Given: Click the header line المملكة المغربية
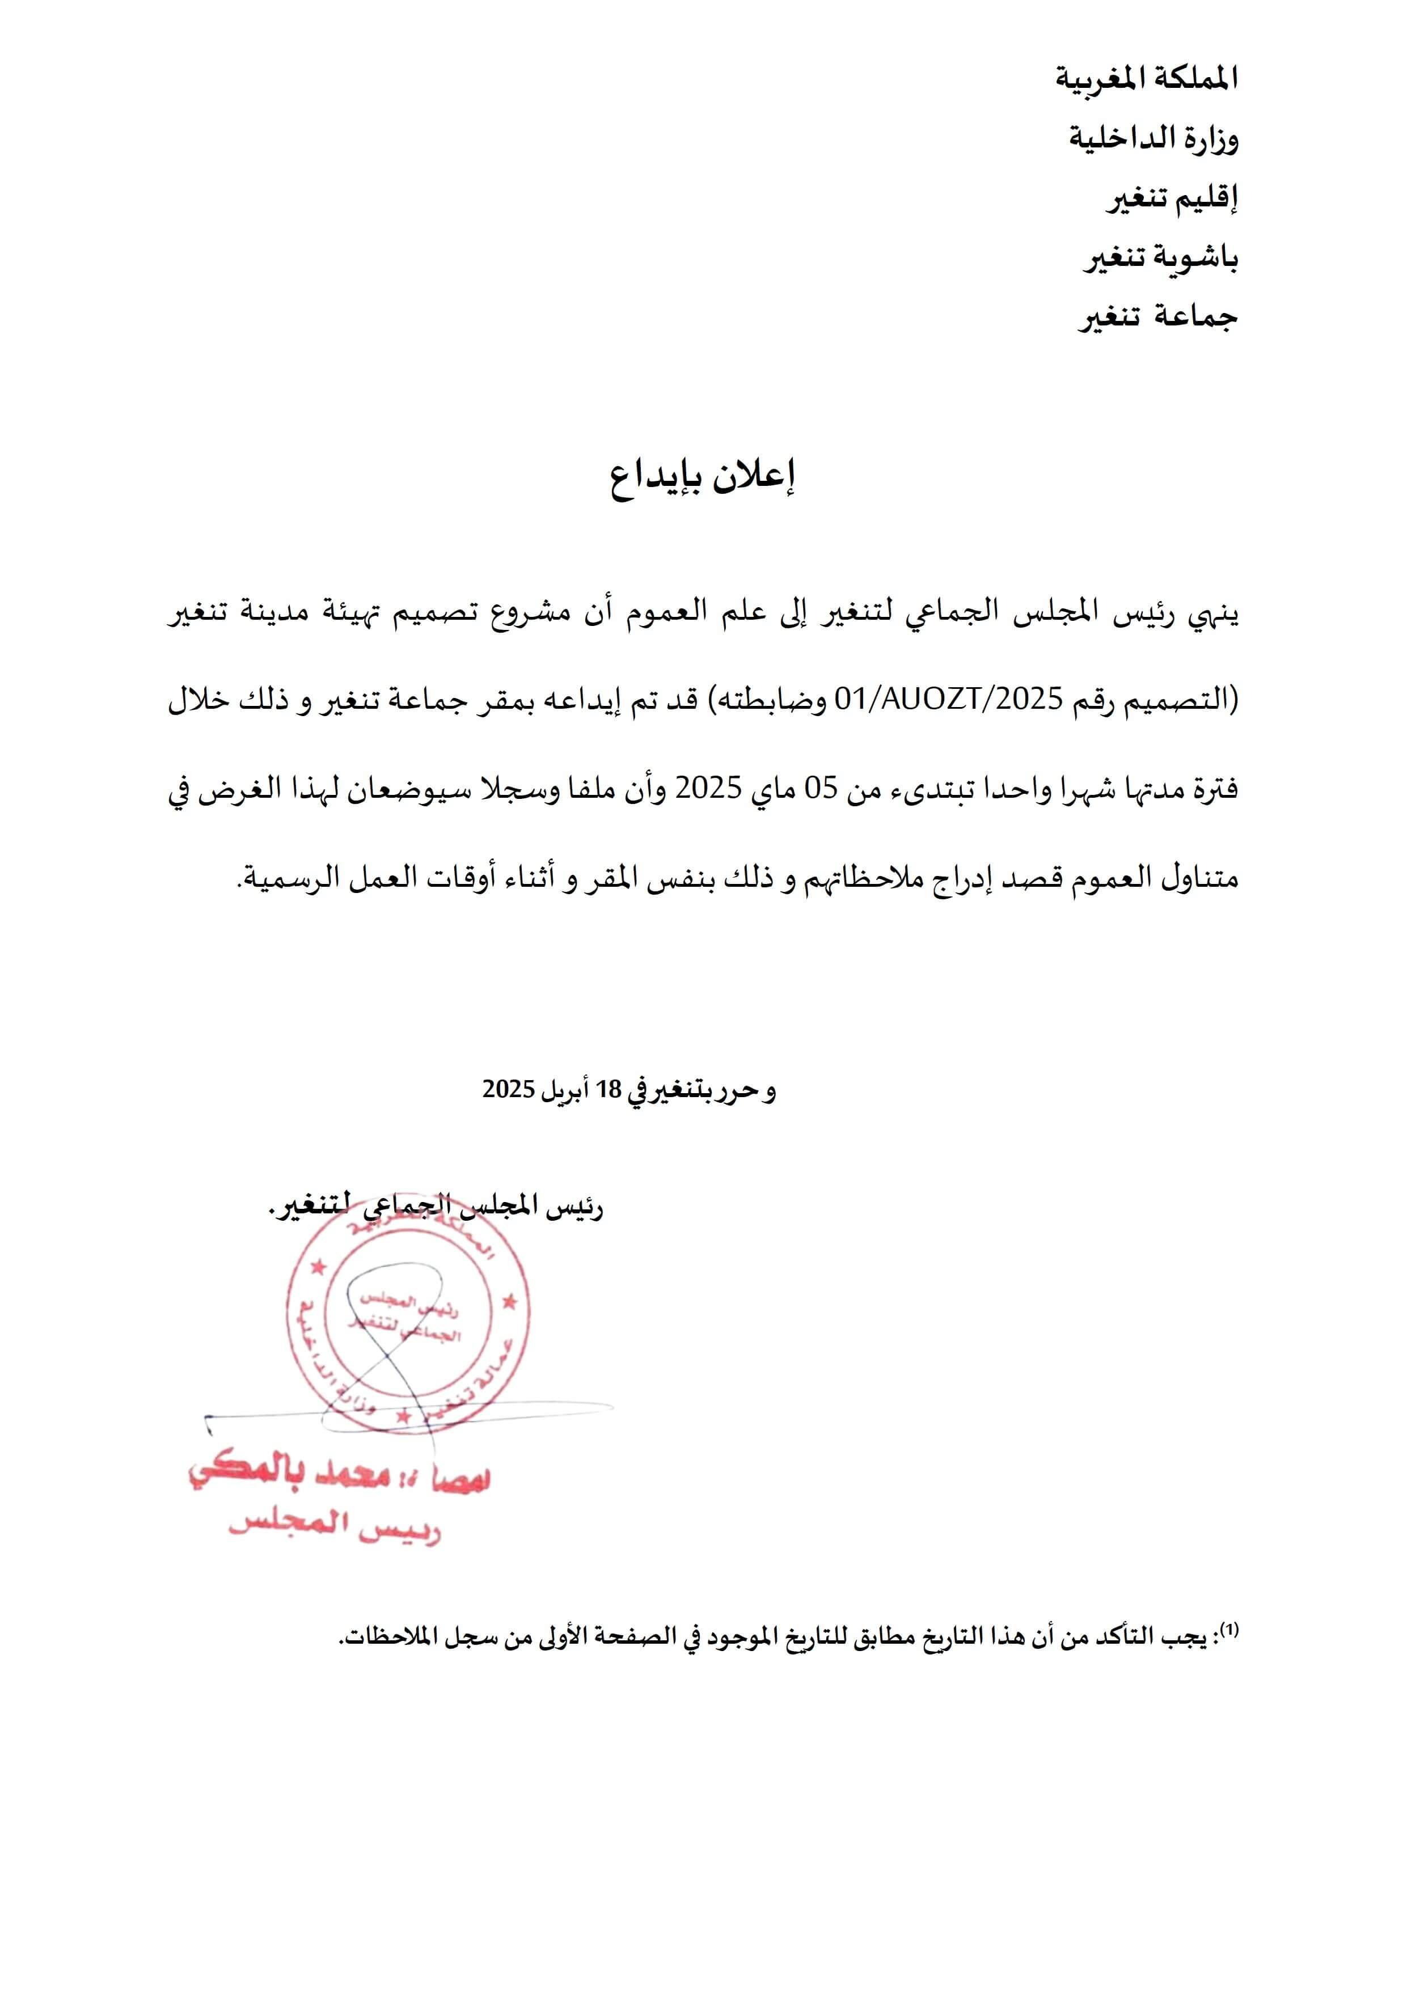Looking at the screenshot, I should click(1146, 79).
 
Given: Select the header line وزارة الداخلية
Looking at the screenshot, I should click(1152, 138).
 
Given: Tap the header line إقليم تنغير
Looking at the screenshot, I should click(1171, 198).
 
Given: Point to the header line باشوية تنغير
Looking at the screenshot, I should click(1160, 258).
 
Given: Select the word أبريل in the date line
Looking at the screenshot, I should click(565, 1090).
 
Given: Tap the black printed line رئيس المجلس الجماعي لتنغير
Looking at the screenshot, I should click(437, 1206).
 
